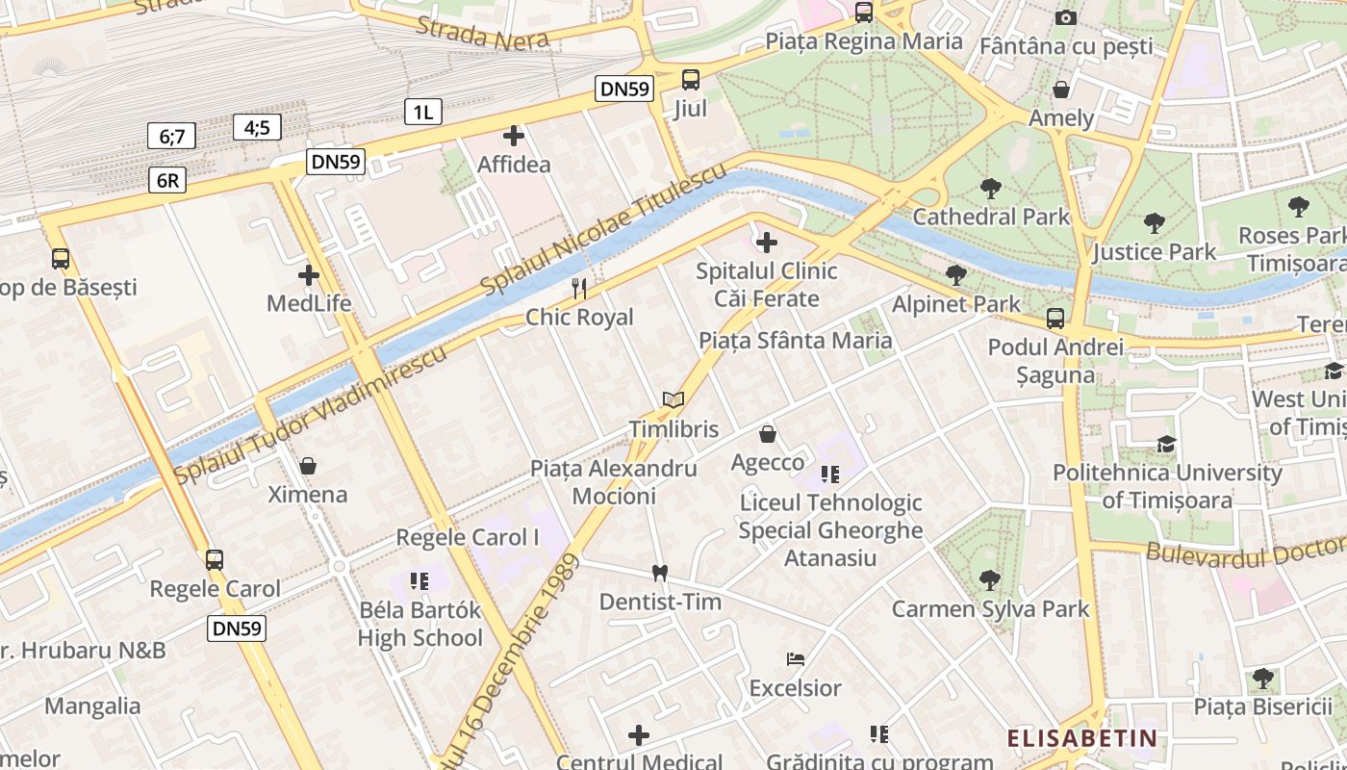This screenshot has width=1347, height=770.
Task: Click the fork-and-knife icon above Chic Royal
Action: [x=579, y=288]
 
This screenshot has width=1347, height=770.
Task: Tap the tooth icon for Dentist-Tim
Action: [x=659, y=573]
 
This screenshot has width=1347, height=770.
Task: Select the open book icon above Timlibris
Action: [x=673, y=399]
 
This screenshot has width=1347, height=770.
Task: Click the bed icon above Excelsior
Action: [x=796, y=659]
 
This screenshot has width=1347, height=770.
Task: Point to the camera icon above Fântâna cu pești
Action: [x=1065, y=17]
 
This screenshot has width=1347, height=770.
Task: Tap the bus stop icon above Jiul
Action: [x=690, y=80]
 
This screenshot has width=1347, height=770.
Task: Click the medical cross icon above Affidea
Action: [x=514, y=136]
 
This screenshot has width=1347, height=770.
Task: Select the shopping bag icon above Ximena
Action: [x=308, y=466]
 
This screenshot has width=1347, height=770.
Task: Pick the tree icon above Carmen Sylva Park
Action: [x=990, y=579]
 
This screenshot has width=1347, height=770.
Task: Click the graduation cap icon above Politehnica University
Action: [x=1166, y=444]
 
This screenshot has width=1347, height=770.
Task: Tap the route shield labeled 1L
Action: [x=422, y=112]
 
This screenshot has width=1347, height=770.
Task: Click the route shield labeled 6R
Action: [x=166, y=180]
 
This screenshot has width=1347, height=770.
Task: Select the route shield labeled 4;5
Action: [x=257, y=127]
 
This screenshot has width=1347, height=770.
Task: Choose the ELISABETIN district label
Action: [x=1081, y=738]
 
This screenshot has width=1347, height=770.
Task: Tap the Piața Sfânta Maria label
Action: [x=796, y=341]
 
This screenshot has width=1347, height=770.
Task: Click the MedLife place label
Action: [x=309, y=304]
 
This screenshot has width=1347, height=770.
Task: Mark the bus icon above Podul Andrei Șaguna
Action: [x=1055, y=319]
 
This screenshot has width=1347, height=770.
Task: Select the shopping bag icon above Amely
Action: [x=1061, y=90]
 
